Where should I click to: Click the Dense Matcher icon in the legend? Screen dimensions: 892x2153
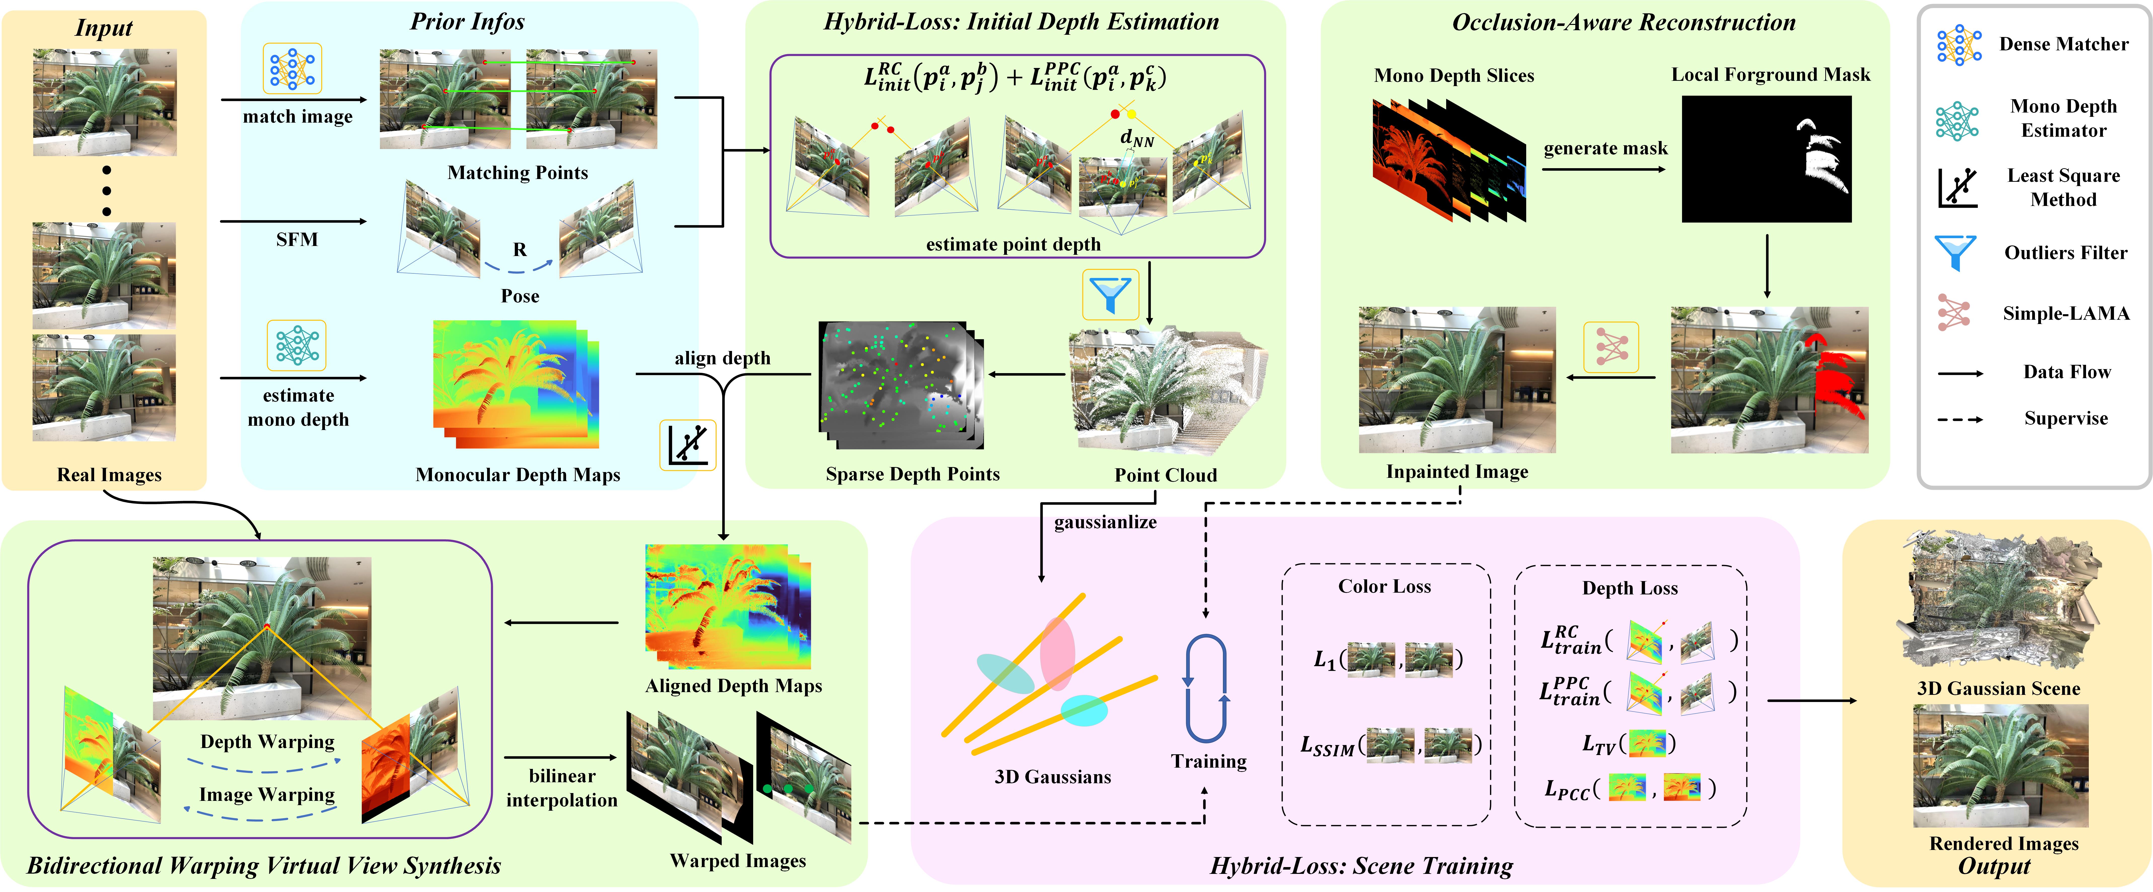[x=1958, y=44]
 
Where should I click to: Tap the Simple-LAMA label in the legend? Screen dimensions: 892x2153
[x=2065, y=313]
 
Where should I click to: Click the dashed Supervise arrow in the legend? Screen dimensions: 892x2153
[x=1959, y=419]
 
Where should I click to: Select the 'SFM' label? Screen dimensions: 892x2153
[x=297, y=240]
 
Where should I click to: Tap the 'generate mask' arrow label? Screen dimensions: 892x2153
[x=1605, y=149]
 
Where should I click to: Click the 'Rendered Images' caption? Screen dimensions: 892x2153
[x=2003, y=843]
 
